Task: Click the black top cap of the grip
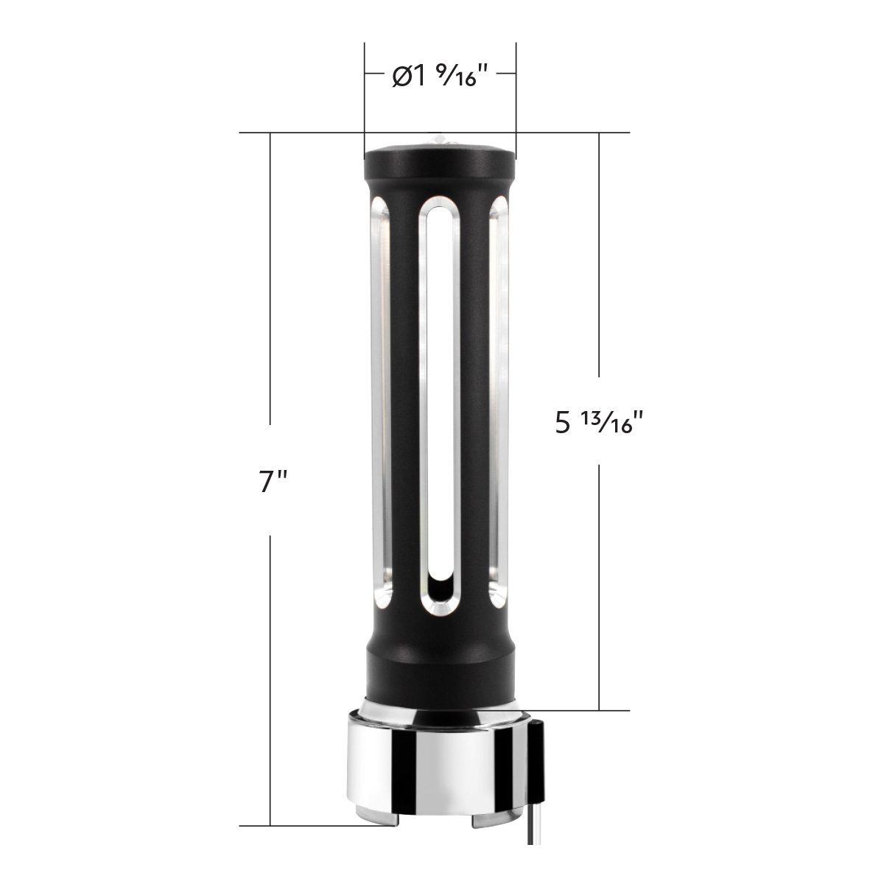point(440,158)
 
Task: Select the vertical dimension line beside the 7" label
point(271,295)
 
